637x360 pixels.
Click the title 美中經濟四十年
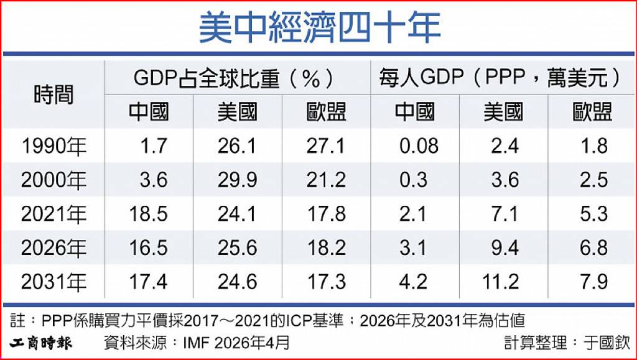pyautogui.click(x=319, y=27)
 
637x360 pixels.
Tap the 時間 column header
pyautogui.click(x=53, y=95)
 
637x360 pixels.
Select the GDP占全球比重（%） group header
pyautogui.click(x=234, y=78)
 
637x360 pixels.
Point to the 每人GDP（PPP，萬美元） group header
pyautogui.click(x=501, y=78)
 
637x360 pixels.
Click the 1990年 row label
pyautogui.click(x=53, y=146)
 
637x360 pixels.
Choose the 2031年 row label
pyautogui.click(x=53, y=282)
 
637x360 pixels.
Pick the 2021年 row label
pyautogui.click(x=53, y=214)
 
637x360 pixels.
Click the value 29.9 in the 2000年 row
pyautogui.click(x=237, y=180)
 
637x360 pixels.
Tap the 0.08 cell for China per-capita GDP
pyautogui.click(x=419, y=146)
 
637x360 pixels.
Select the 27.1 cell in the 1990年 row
pyautogui.click(x=325, y=146)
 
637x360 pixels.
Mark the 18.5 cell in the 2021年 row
pyautogui.click(x=148, y=214)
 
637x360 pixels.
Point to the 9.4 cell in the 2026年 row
pyautogui.click(x=505, y=247)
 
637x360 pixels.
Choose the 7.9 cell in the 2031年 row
pyautogui.click(x=594, y=282)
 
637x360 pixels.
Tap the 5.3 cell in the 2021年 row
pyautogui.click(x=594, y=214)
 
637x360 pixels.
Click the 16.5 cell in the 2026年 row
pyautogui.click(x=148, y=247)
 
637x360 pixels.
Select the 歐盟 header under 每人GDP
pyautogui.click(x=592, y=112)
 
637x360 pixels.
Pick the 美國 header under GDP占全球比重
pyautogui.click(x=237, y=112)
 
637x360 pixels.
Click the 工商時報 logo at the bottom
pyautogui.click(x=40, y=343)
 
